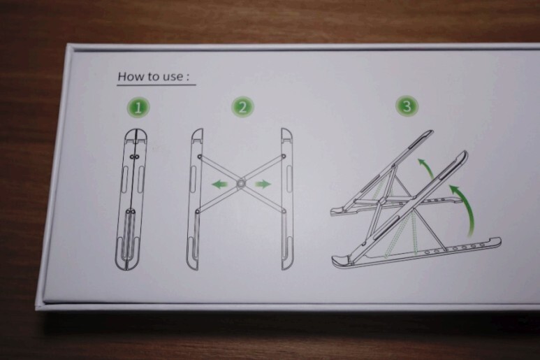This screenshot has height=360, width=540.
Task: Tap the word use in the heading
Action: tap(173, 77)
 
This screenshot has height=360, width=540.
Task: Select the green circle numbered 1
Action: tap(138, 107)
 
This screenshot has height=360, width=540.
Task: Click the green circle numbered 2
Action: tap(243, 107)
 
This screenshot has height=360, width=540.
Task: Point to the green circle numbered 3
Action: tap(407, 106)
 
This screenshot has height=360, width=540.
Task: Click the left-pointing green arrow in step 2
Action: tap(220, 185)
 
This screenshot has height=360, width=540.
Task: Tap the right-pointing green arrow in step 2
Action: tap(263, 185)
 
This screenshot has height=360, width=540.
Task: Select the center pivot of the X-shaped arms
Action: tap(241, 184)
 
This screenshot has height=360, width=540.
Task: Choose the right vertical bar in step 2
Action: tap(287, 199)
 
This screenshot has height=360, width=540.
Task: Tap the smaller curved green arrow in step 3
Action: tap(427, 167)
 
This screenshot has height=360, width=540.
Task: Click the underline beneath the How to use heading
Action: tap(156, 85)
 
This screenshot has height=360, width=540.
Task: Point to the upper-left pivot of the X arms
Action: tap(199, 157)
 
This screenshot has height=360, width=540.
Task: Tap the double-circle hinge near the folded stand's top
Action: tap(134, 157)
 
